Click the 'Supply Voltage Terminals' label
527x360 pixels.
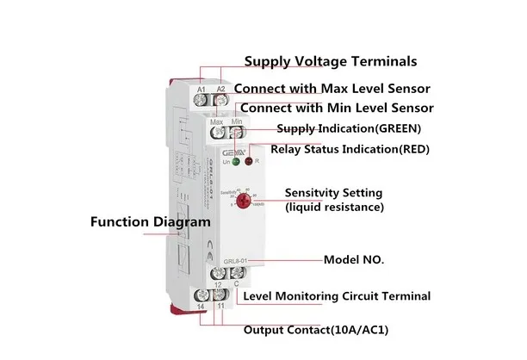(x=331, y=62)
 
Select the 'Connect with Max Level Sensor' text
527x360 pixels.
(x=332, y=89)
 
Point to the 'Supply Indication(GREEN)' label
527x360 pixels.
(x=349, y=129)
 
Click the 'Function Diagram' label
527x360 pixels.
(x=150, y=221)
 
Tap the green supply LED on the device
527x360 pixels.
(x=235, y=161)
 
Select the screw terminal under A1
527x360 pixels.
(x=201, y=102)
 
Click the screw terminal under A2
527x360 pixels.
(x=220, y=102)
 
